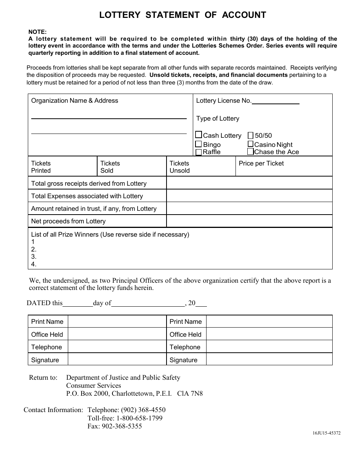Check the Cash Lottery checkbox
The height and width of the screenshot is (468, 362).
(x=199, y=135)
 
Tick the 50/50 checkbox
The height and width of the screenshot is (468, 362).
(x=250, y=135)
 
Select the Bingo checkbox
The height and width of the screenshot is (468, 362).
(x=199, y=144)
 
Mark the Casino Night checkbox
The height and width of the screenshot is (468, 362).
(x=250, y=144)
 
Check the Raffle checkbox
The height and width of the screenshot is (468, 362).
(x=199, y=152)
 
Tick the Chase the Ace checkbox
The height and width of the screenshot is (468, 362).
(x=250, y=152)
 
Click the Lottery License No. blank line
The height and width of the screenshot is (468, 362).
(x=276, y=101)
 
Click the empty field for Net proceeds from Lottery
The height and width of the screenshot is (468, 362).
(x=249, y=221)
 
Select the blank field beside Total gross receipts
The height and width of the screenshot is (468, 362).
(x=249, y=183)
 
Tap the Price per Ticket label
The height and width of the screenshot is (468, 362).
(x=261, y=163)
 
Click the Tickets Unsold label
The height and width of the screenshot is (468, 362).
(x=179, y=167)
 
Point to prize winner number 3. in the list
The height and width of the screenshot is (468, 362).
(x=34, y=257)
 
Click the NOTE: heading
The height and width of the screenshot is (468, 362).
(x=37, y=32)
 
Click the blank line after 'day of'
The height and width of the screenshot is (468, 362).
(x=148, y=304)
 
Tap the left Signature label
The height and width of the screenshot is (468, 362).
(x=45, y=360)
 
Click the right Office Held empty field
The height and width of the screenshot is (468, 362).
(x=269, y=334)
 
